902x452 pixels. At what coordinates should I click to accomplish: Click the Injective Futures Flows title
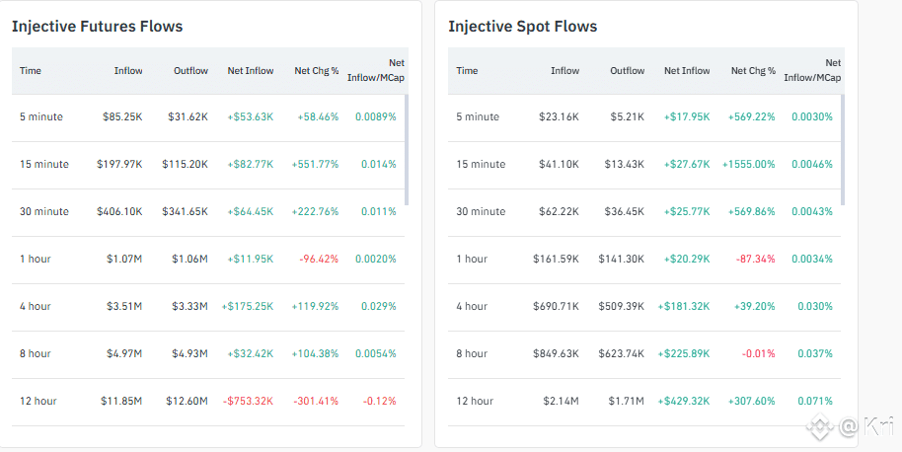(x=97, y=27)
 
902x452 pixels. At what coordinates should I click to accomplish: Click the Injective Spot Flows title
(x=522, y=27)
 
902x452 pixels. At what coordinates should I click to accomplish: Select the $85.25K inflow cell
(x=122, y=116)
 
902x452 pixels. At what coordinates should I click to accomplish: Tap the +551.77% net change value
(x=318, y=164)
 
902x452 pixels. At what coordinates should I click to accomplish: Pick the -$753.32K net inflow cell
(x=250, y=401)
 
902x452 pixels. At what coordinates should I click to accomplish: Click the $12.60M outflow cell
(x=188, y=401)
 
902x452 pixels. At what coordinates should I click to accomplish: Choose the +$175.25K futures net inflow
(x=248, y=306)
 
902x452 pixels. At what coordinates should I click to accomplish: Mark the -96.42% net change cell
(x=318, y=259)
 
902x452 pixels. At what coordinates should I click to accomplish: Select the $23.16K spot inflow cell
(x=559, y=116)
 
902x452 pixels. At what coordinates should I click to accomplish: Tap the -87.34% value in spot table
(x=754, y=259)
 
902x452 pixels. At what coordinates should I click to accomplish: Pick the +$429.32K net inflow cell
(x=683, y=401)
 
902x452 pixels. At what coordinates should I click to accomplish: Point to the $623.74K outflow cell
(x=622, y=353)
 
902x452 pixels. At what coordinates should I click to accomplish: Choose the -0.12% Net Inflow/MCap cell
(x=380, y=401)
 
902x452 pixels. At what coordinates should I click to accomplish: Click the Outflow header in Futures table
(x=190, y=71)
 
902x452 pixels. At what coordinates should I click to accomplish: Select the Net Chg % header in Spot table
(x=753, y=71)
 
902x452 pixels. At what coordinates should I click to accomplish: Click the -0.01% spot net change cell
(x=757, y=353)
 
